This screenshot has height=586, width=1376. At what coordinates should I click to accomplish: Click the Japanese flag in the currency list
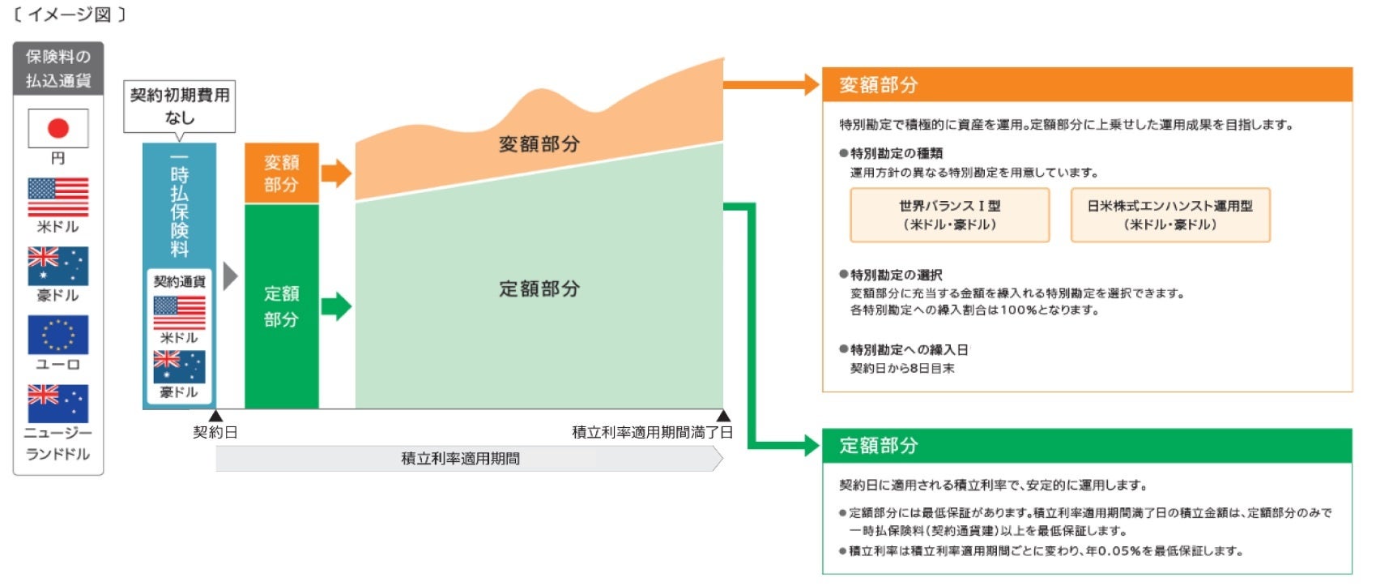click(58, 128)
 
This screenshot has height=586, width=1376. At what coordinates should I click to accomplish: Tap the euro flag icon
click(58, 335)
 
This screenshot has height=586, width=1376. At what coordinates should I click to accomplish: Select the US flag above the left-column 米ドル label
click(58, 197)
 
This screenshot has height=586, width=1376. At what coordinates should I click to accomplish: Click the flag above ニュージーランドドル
click(58, 404)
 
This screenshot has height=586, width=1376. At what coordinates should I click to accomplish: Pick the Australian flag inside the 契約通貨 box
click(179, 366)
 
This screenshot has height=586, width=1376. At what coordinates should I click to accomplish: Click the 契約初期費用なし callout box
click(179, 106)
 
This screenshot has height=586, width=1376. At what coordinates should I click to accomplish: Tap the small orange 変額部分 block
click(281, 173)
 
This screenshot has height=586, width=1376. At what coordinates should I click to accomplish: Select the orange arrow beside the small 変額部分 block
click(336, 173)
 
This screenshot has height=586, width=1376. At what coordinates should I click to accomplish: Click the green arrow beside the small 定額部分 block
click(336, 306)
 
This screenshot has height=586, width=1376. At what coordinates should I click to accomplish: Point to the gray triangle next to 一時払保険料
click(230, 276)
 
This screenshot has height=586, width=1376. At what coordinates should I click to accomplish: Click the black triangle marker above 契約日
click(215, 416)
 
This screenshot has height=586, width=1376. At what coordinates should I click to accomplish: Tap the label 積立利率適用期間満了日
click(652, 433)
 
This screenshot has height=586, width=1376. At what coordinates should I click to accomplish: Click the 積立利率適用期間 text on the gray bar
click(460, 459)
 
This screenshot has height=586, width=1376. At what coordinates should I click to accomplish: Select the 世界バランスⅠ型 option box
click(949, 215)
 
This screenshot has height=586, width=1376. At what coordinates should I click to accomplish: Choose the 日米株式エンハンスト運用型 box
click(1169, 215)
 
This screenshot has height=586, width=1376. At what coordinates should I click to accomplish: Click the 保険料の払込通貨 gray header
click(58, 69)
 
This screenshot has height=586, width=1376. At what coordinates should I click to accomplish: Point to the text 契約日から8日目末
click(901, 369)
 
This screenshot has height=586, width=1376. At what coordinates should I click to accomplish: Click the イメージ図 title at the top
click(70, 15)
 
